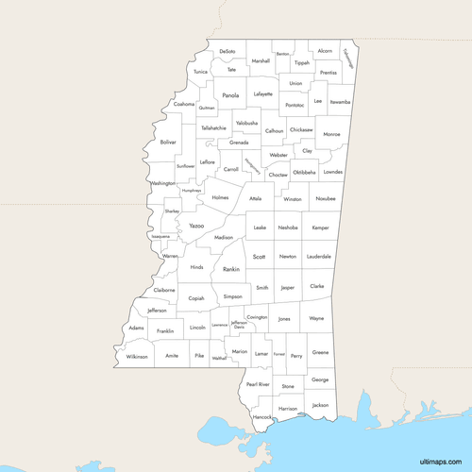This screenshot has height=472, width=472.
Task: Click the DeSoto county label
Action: click(x=228, y=52)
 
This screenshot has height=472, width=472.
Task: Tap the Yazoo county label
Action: click(x=196, y=227)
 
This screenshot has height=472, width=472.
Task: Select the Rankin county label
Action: click(x=231, y=270)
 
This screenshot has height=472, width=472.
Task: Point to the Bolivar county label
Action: click(x=168, y=142)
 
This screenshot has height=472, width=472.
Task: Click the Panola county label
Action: click(x=230, y=95)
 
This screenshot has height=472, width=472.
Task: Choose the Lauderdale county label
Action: click(x=318, y=256)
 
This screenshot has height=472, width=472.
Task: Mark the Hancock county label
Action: click(x=262, y=416)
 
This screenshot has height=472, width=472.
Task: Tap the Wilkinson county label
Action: click(x=138, y=356)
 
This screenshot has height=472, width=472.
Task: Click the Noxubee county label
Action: click(x=326, y=199)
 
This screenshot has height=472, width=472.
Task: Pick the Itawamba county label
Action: click(x=340, y=100)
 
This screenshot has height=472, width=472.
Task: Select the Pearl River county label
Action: click(x=258, y=384)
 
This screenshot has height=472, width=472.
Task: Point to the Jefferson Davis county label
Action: click(x=239, y=324)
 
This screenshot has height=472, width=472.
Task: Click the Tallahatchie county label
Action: click(x=213, y=127)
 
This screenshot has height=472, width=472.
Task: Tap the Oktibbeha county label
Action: click(x=304, y=173)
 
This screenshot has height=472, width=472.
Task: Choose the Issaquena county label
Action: click(x=160, y=236)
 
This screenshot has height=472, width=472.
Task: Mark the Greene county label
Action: click(x=321, y=352)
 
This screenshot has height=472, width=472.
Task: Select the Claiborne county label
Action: click(x=164, y=290)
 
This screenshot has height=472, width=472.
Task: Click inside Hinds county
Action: click(x=196, y=267)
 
